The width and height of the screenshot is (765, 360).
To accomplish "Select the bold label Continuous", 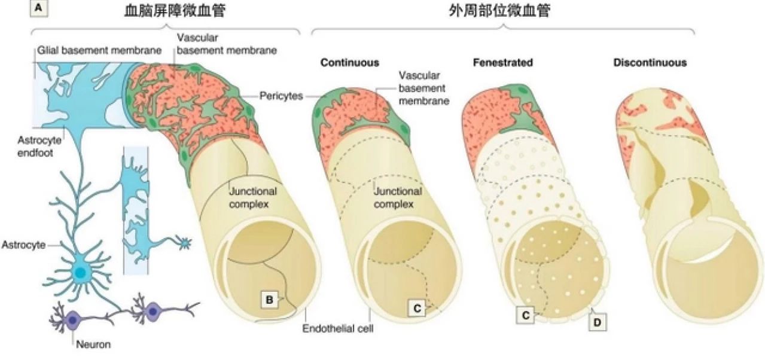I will pos(349,62).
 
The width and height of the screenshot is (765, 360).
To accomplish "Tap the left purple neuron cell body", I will pos(72,319).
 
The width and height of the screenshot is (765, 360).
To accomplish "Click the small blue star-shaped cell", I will pos(185,243).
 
